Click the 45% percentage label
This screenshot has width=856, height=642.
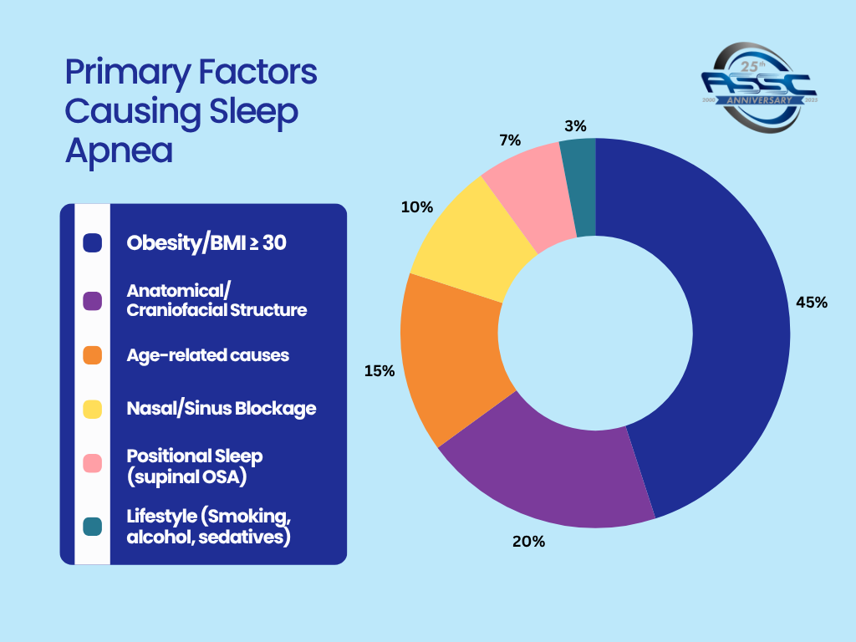click(811, 303)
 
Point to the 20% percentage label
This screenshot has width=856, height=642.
click(528, 542)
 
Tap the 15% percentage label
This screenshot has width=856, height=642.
click(379, 369)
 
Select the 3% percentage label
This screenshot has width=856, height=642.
click(575, 126)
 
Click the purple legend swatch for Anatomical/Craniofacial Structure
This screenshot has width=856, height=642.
click(93, 301)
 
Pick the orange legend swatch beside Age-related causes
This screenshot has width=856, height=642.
click(93, 355)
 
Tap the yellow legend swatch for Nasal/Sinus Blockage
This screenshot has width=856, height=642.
click(93, 409)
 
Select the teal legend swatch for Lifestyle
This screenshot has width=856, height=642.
click(93, 526)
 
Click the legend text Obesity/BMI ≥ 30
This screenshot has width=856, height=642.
click(211, 243)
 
